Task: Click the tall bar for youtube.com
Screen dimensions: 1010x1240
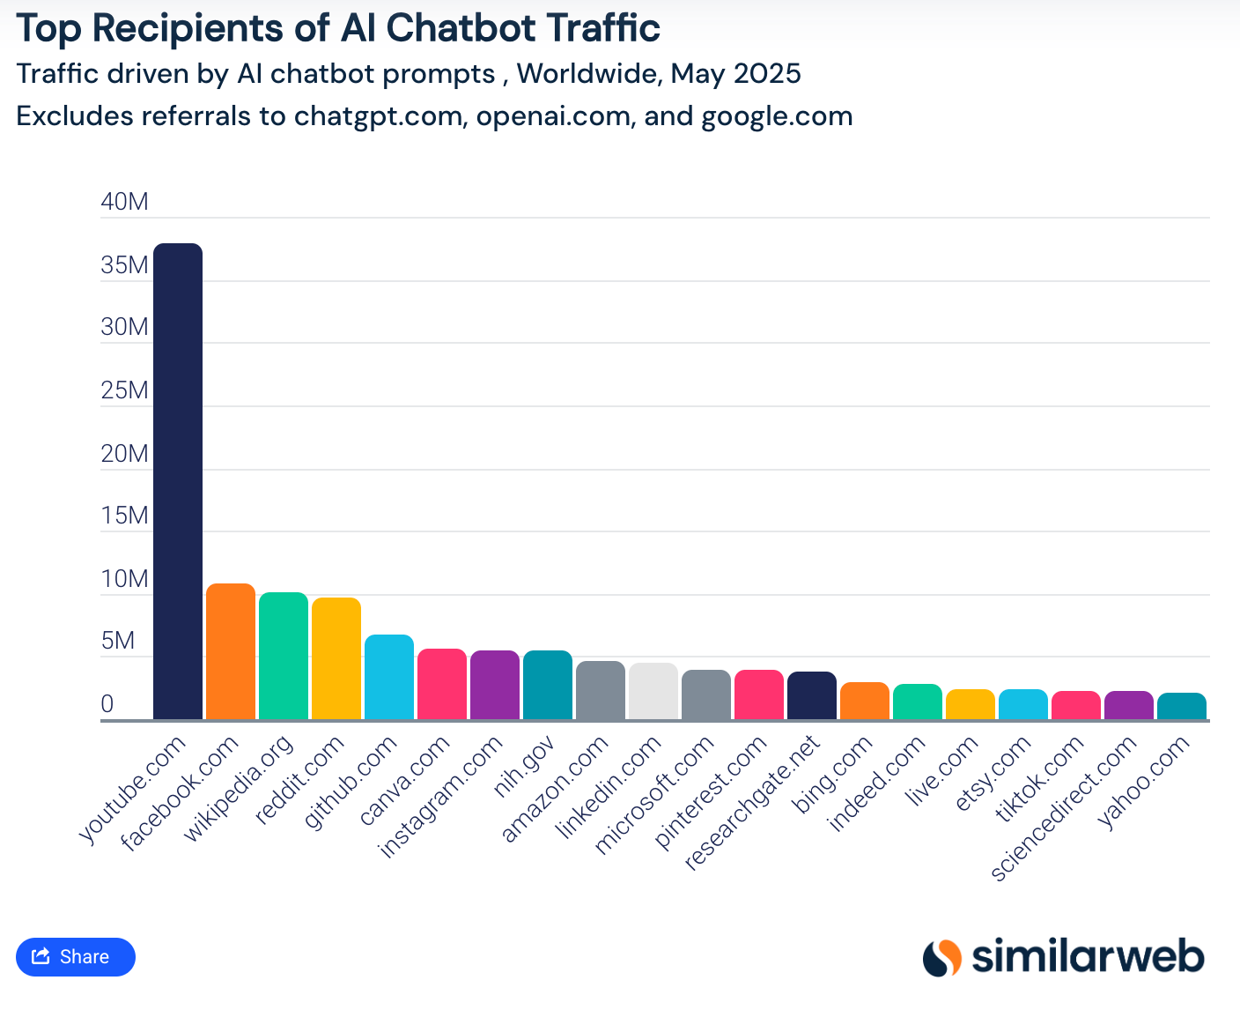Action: [178, 480]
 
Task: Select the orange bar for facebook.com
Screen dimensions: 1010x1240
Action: [231, 651]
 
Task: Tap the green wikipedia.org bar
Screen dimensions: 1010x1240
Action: [284, 656]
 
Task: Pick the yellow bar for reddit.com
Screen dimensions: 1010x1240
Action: [336, 658]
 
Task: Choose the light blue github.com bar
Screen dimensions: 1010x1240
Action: [389, 677]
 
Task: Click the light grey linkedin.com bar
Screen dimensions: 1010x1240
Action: [653, 691]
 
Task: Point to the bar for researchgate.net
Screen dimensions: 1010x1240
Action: [812, 695]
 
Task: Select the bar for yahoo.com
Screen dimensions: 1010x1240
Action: [1182, 706]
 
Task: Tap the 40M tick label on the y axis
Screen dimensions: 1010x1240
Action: [125, 202]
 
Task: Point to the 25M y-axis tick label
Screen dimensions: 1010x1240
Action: [125, 390]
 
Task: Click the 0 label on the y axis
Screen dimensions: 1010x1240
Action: [107, 704]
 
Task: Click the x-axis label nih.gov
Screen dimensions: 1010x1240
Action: [524, 768]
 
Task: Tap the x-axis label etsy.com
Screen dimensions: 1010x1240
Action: [993, 773]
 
